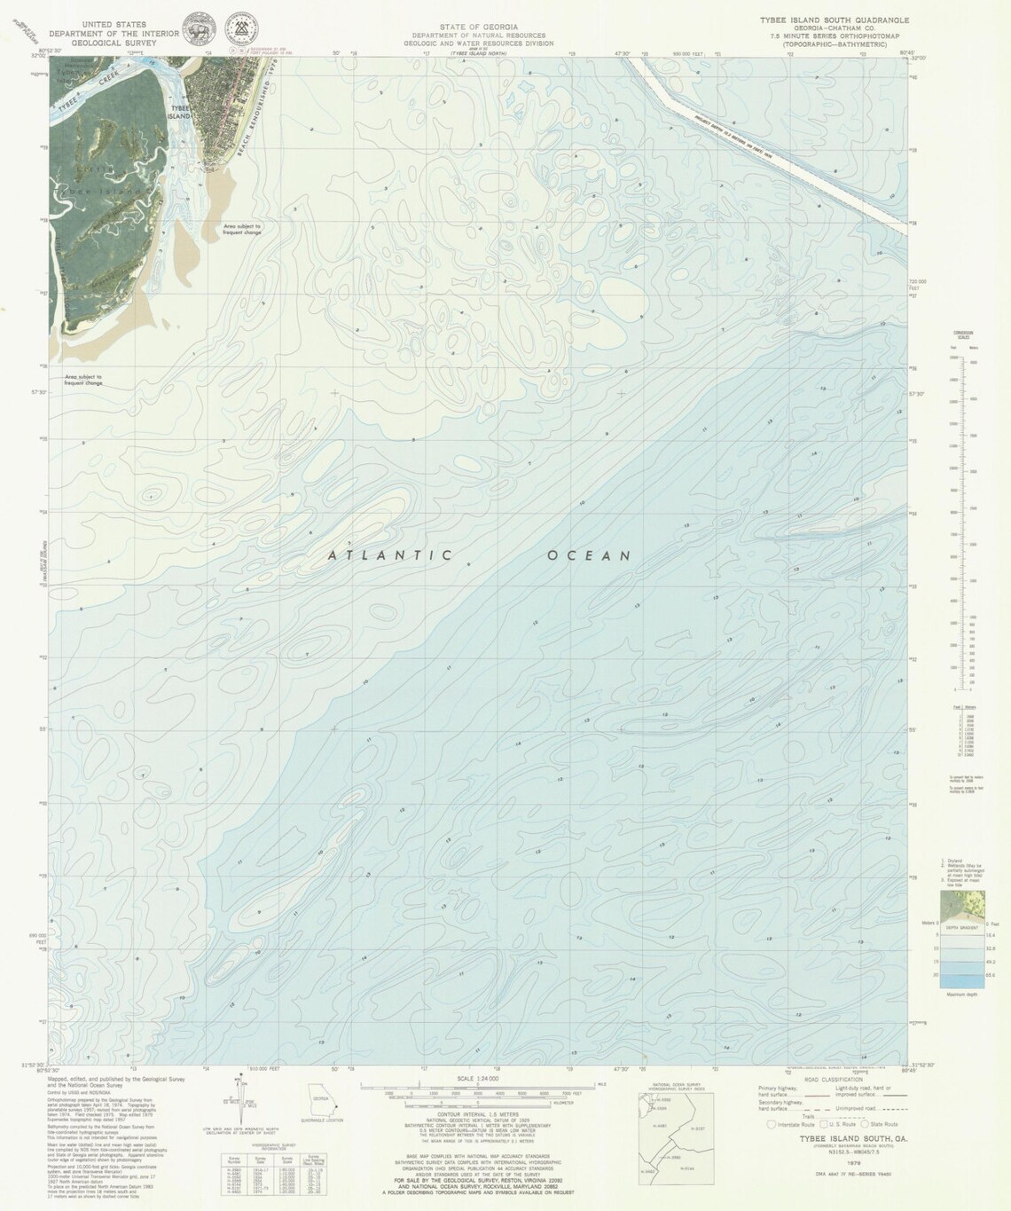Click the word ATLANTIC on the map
tap(389, 556)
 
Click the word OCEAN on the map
tap(589, 556)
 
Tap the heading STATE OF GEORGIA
tap(478, 27)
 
